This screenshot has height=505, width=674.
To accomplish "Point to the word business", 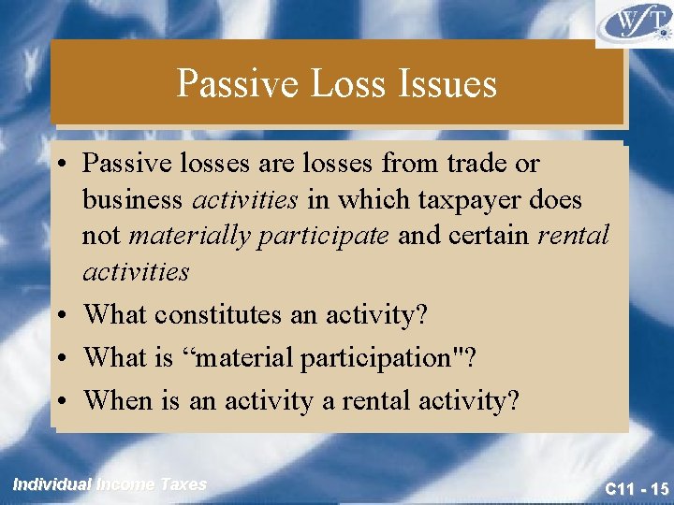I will (x=134, y=200).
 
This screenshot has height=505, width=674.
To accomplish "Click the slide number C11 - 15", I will (x=637, y=488).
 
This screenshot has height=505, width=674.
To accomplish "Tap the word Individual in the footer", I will (x=51, y=484).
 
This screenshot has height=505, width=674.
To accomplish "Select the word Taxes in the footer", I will (x=183, y=484).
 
